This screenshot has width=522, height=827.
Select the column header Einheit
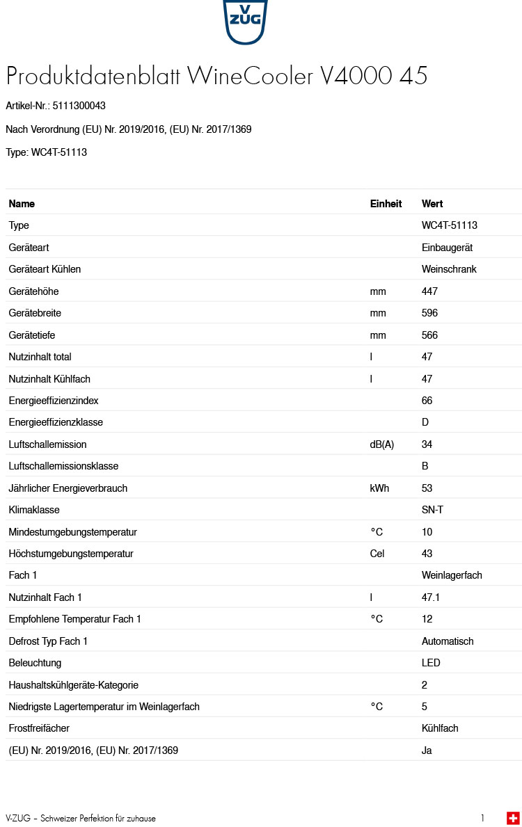click(x=386, y=204)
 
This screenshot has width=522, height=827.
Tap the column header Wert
click(x=432, y=204)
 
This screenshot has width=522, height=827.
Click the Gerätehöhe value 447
click(x=429, y=291)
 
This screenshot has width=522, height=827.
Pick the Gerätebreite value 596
click(x=429, y=313)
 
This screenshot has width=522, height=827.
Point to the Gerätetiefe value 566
click(x=429, y=335)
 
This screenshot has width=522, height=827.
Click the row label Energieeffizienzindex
click(x=54, y=401)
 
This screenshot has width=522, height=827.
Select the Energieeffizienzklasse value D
click(x=425, y=422)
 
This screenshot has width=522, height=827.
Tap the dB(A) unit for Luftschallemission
click(x=381, y=444)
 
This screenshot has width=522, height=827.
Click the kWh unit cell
click(x=379, y=488)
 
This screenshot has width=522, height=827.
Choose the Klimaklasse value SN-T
click(x=432, y=510)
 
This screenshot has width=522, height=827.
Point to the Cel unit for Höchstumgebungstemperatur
click(x=377, y=554)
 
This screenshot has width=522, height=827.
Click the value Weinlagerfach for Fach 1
click(x=452, y=575)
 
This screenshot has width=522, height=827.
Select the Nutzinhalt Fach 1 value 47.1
click(x=431, y=597)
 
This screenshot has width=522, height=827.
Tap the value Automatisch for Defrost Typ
click(x=448, y=641)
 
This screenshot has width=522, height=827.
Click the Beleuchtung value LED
click(x=431, y=663)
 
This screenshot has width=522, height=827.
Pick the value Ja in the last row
click(x=427, y=750)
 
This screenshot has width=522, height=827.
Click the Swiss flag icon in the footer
click(x=513, y=818)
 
